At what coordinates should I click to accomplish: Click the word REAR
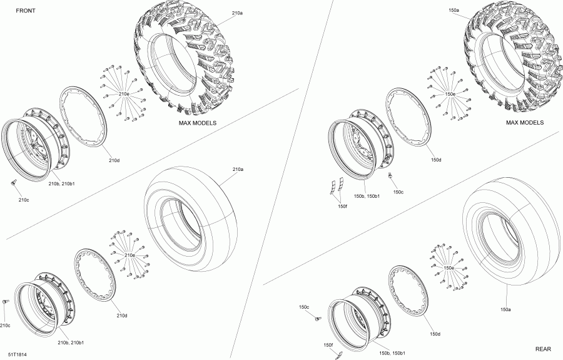544,349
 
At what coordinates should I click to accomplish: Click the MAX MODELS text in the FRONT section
198,123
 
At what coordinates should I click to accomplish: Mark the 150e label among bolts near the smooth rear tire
449,267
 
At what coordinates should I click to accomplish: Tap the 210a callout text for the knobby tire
237,13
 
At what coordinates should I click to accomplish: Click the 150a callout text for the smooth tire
505,309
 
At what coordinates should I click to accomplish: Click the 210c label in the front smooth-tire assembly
5,326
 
